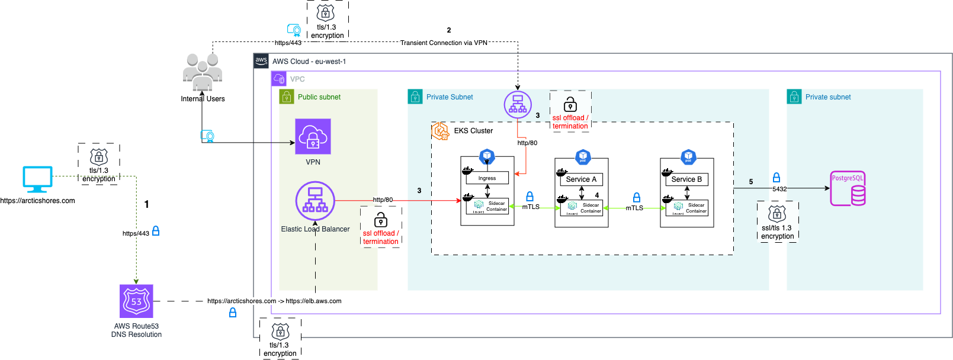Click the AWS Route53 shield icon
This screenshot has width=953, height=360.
pos(136,301)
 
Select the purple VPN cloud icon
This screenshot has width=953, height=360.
pos(313,137)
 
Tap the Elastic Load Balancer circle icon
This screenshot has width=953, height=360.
pos(315,201)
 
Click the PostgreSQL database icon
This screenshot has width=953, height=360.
pos(848,189)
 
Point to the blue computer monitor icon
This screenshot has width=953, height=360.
pos(37,179)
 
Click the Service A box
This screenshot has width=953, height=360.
pos(581,179)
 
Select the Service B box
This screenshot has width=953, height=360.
pos(686,179)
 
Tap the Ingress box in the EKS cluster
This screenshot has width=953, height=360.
pos(487,178)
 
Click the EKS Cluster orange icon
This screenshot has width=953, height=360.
pos(440,131)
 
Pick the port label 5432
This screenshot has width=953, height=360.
pos(779,189)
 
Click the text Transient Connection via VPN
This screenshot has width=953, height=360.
pos(444,43)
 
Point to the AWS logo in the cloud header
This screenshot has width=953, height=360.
pos(261,61)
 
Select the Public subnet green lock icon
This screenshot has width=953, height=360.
pos(287,97)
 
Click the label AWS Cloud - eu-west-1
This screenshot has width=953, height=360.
pos(309,62)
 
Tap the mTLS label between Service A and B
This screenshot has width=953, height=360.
pos(634,208)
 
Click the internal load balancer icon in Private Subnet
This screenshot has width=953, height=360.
pos(518,104)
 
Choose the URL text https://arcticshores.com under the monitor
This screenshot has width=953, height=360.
pos(38,201)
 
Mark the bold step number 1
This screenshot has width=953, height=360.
pos(147,204)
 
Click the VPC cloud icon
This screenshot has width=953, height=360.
pos(279,79)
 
